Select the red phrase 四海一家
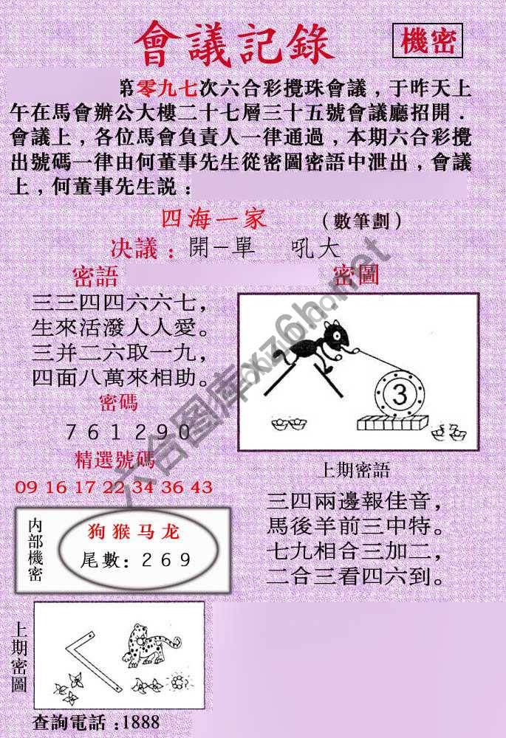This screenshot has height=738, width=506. point(213,219)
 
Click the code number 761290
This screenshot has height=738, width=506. point(129,432)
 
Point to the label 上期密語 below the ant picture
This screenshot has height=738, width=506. point(355,470)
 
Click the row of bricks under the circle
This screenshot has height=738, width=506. point(392,424)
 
